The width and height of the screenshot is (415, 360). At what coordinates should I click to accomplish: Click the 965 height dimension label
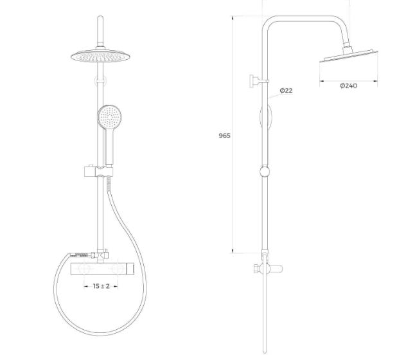(224, 136)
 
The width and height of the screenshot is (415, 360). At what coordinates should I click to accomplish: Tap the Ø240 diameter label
(349, 86)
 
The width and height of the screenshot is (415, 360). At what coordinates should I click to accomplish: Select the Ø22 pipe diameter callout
(286, 91)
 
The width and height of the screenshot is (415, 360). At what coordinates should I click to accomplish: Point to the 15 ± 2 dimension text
(101, 286)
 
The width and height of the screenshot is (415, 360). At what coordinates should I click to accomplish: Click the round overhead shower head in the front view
(100, 56)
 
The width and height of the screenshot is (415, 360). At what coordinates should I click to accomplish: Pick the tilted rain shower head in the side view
(348, 56)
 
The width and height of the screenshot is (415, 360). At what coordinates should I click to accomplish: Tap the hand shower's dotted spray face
(110, 116)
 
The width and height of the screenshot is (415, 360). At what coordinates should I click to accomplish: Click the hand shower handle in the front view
(109, 146)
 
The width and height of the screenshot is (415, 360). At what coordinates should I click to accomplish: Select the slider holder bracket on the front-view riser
(98, 171)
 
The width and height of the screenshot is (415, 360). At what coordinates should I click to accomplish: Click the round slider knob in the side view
(265, 172)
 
